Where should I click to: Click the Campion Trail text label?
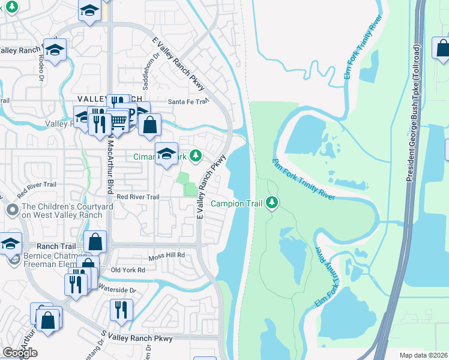235,203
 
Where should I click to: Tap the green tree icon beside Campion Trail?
273,203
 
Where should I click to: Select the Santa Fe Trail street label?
187,102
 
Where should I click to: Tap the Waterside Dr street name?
117,290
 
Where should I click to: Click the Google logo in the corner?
20,353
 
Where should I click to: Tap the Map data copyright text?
424,355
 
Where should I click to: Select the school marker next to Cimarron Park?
166,154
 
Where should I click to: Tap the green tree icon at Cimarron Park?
195,157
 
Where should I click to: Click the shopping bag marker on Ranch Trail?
95,242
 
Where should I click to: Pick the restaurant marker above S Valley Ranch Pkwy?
121,310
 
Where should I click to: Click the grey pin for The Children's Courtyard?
11,210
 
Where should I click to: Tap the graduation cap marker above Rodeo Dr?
55,50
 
